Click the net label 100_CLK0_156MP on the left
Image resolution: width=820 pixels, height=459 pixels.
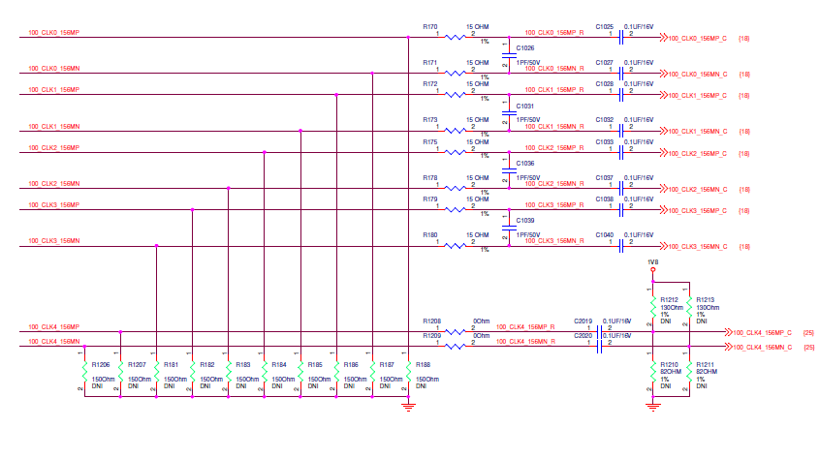tap(53, 33)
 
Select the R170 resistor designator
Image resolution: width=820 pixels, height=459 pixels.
tap(430, 27)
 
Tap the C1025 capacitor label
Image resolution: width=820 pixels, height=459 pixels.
tap(605, 27)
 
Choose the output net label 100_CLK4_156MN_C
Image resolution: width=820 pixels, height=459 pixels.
tap(763, 346)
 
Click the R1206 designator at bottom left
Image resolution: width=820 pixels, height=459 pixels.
tap(101, 364)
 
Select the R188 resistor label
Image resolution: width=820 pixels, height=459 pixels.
tap(423, 364)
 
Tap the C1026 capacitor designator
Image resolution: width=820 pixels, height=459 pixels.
tap(525, 47)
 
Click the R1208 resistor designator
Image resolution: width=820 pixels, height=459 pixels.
tap(431, 321)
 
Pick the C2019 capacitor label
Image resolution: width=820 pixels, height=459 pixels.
tap(583, 321)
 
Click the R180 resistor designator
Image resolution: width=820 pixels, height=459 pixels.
tap(430, 234)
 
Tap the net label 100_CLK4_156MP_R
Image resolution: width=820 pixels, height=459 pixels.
tap(525, 327)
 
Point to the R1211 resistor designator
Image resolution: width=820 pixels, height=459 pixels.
tap(706, 364)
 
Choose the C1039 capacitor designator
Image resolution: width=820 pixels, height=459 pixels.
tap(525, 221)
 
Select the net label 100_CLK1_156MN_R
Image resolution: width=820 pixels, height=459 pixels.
tap(553, 126)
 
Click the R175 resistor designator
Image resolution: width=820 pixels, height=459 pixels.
tap(430, 142)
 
